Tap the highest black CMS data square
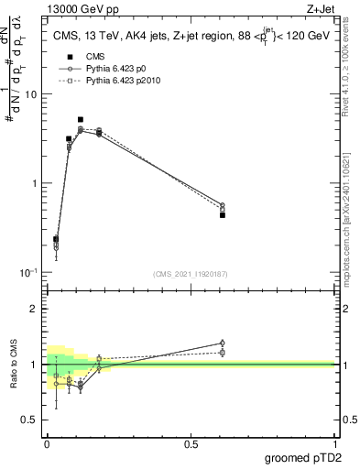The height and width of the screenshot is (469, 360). [x=81, y=120]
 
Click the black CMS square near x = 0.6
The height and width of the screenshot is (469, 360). [x=223, y=215]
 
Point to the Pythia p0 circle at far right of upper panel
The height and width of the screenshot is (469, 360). [x=223, y=205]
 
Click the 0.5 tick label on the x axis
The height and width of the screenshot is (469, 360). [x=191, y=443]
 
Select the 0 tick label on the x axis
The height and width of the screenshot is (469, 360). [x=47, y=443]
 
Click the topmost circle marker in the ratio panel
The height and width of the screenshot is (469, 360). [x=223, y=343]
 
